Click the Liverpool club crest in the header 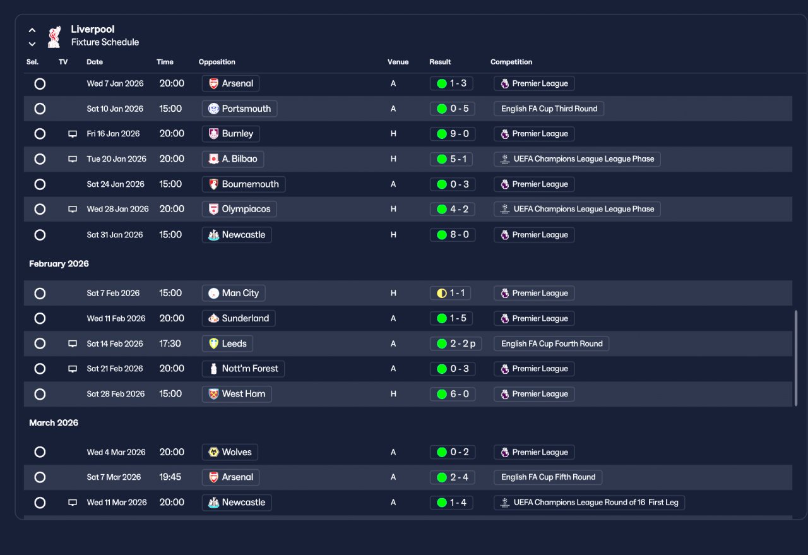[x=54, y=37]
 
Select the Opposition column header [x=217, y=62]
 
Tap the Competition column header [x=511, y=62]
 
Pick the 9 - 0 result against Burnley [x=453, y=134]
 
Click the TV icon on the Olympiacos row [x=73, y=209]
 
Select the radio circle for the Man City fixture [x=40, y=294]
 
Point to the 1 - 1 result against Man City [x=450, y=293]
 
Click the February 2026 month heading [x=59, y=264]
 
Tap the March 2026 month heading [x=54, y=423]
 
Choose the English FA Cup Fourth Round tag [x=551, y=343]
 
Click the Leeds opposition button [x=227, y=343]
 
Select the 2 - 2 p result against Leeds [x=456, y=343]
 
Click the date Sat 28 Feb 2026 [x=116, y=394]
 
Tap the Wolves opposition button [x=230, y=452]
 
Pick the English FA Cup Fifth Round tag [x=547, y=477]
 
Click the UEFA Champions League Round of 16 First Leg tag [x=589, y=503]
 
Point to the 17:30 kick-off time [x=170, y=343]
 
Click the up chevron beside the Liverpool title [x=32, y=30]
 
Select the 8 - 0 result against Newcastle [x=453, y=235]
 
